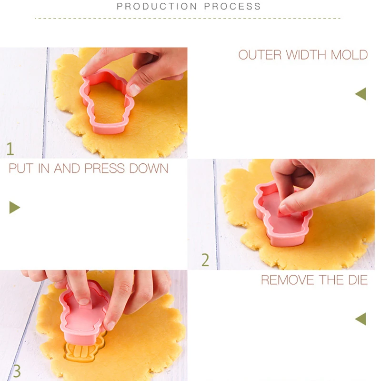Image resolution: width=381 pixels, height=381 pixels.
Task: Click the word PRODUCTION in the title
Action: coord(158,7)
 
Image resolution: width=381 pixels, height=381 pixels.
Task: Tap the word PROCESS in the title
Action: coord(233,7)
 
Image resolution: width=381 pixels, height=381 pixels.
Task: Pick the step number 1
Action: coord(10,149)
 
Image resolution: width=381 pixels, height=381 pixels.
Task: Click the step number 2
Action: coord(205,260)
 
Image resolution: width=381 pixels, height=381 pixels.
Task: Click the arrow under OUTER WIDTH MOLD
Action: coord(361,94)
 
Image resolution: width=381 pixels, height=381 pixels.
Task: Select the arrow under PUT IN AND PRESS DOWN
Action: coord(14,207)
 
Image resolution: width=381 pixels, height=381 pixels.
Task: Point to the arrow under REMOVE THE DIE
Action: coord(361,319)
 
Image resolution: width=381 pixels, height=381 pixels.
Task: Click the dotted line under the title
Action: coord(188,19)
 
